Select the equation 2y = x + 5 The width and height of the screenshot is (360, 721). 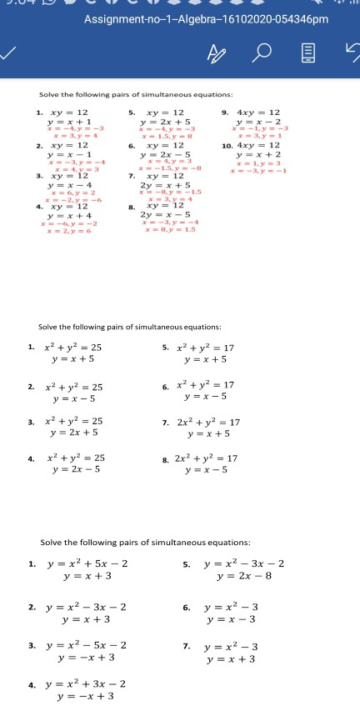coord(169,183)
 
